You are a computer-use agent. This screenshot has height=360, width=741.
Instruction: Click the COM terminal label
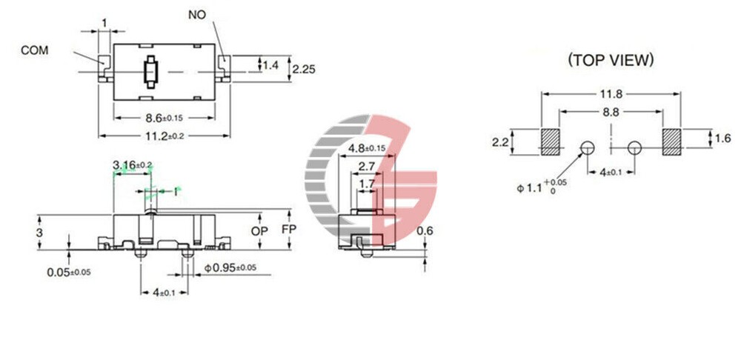coord(34,51)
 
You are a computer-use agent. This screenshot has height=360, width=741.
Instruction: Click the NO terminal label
coord(197,15)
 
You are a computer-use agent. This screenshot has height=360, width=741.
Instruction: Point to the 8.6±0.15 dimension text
coord(165,116)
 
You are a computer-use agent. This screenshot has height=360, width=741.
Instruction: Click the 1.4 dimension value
coord(271,66)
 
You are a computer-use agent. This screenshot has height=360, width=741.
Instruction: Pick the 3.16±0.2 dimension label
coord(132,164)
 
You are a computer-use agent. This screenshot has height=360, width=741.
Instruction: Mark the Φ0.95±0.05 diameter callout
coord(230,267)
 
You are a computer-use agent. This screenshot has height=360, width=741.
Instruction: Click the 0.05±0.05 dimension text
coord(68,272)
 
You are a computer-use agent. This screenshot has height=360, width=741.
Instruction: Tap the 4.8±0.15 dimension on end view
coord(367,148)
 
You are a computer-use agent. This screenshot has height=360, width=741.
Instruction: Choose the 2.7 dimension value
coord(366,166)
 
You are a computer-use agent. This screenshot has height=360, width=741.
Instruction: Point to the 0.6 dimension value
coord(425,231)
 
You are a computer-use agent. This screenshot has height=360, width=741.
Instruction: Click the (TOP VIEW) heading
coord(610,60)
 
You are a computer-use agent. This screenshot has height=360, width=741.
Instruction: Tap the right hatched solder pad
coord(671,141)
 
